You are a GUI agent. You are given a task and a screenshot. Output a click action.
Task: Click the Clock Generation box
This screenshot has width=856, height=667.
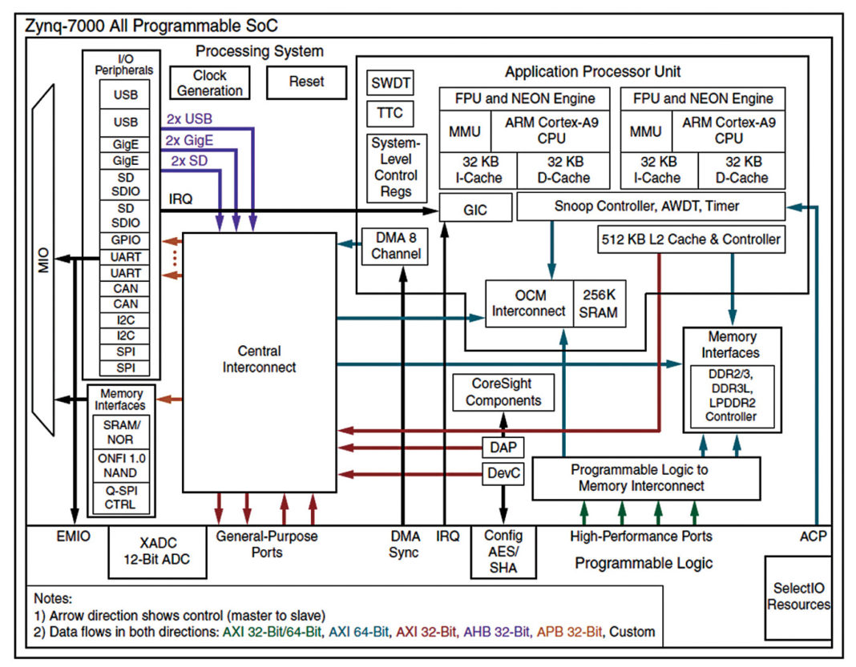tap(210, 82)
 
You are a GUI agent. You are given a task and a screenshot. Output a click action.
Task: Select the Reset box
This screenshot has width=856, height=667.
tap(306, 82)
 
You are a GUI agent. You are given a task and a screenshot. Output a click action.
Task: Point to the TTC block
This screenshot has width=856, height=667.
tap(390, 113)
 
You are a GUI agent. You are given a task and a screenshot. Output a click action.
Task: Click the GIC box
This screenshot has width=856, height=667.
tap(475, 211)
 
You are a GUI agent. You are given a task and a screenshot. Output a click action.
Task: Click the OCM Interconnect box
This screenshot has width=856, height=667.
tap(529, 303)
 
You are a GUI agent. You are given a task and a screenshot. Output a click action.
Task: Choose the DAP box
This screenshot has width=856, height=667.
tap(503, 446)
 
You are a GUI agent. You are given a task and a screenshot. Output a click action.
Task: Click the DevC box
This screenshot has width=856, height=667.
tap(503, 473)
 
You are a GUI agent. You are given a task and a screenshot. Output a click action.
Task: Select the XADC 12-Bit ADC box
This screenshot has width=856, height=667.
tap(157, 552)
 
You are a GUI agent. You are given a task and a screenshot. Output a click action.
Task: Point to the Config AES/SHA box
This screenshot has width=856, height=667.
tap(503, 552)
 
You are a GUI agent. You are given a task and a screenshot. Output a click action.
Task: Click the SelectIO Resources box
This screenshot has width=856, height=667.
tap(797, 597)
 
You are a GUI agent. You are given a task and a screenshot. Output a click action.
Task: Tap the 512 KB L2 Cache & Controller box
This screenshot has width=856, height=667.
tap(692, 239)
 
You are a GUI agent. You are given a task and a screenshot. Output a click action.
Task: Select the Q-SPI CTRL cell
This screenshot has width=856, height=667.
tap(119, 497)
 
